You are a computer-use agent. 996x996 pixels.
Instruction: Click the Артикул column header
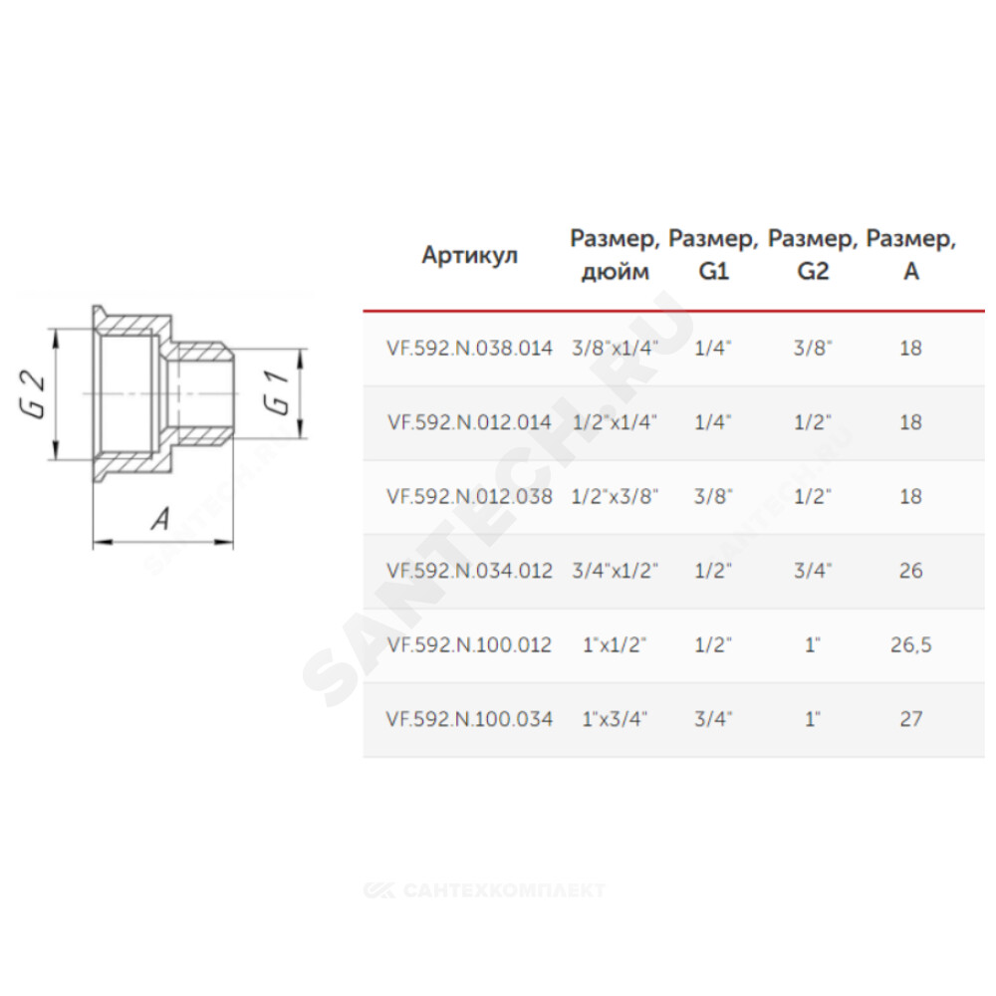470,255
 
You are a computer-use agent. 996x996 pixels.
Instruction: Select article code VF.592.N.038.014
469,348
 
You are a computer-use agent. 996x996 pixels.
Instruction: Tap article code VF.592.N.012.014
469,422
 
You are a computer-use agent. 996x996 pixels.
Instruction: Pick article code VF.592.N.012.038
469,496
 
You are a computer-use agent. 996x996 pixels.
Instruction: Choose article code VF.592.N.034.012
469,571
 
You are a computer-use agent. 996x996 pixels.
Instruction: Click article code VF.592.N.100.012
469,644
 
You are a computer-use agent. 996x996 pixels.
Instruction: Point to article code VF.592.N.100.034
469,719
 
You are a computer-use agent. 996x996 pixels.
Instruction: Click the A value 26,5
911,645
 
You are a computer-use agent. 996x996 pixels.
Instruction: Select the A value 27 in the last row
911,719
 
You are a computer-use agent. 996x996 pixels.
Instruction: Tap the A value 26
911,571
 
